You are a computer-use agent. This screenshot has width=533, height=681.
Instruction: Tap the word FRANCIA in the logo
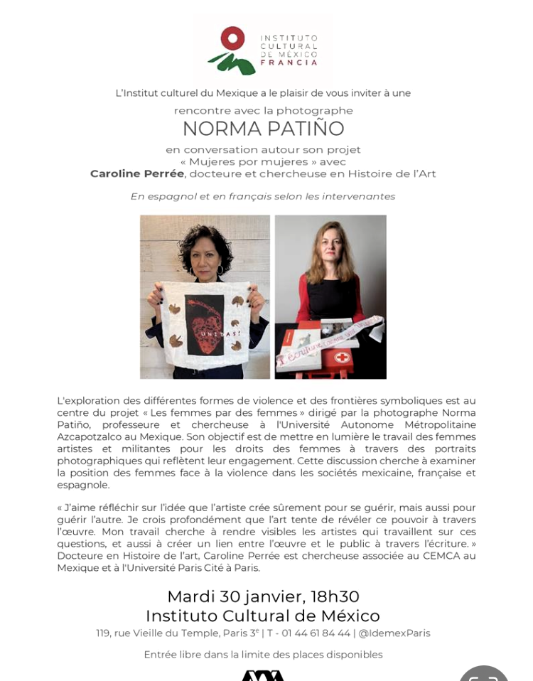pyautogui.click(x=289, y=63)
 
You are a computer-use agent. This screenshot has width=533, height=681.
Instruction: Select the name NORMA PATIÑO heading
pyautogui.click(x=263, y=129)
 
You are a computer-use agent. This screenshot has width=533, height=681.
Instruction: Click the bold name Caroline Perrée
pyautogui.click(x=137, y=173)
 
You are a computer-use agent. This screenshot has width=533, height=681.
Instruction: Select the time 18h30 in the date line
pyautogui.click(x=335, y=596)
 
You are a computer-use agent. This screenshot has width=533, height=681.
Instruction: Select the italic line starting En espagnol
pyautogui.click(x=262, y=196)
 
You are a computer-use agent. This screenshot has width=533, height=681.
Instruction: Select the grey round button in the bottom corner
pyautogui.click(x=484, y=675)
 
